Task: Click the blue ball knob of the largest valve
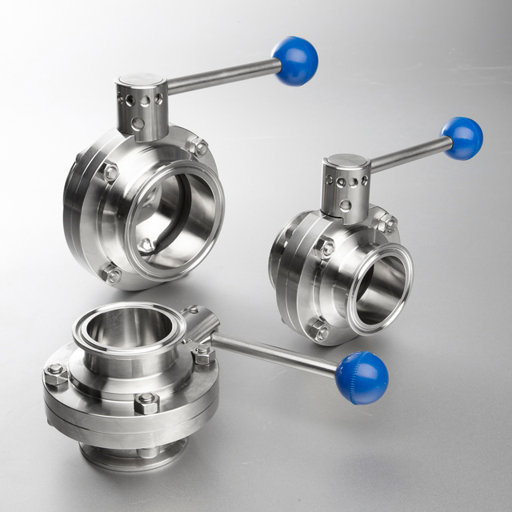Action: [295, 60]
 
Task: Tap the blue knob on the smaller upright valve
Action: [462, 138]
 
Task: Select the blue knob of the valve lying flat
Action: [362, 377]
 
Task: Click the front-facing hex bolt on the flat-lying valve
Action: [146, 402]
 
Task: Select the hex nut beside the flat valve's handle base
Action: [202, 352]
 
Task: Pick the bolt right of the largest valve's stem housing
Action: [198, 147]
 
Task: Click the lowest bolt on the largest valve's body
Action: [112, 274]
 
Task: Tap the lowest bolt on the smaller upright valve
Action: [319, 331]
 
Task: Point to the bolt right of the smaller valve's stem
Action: [386, 223]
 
